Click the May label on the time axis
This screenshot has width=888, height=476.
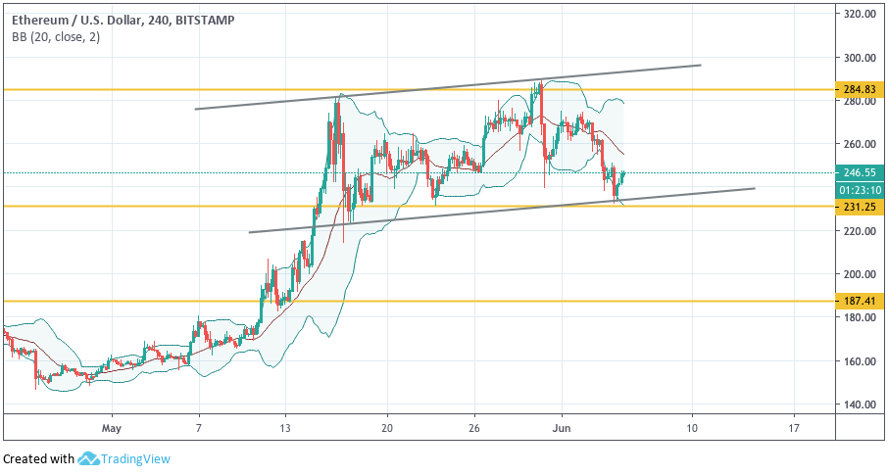click(x=111, y=428)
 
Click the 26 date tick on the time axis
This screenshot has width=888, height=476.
click(x=473, y=428)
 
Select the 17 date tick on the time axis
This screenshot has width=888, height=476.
click(x=794, y=428)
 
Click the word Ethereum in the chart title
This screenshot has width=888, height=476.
click(x=36, y=19)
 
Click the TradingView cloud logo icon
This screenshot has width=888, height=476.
click(x=89, y=458)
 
